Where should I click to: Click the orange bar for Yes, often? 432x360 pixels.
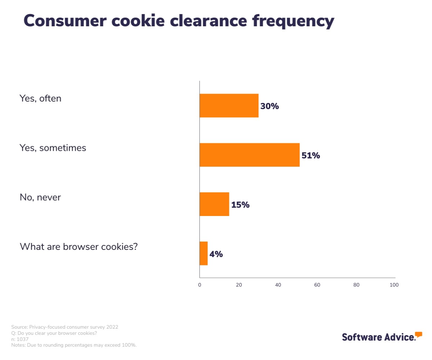tap(229, 105)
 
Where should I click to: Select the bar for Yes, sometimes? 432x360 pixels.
tap(249, 155)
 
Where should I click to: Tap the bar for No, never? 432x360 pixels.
tap(214, 204)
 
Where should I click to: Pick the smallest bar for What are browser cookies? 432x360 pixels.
tap(204, 253)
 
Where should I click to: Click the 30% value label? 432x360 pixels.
tap(270, 106)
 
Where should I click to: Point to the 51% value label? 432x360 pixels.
tap(311, 156)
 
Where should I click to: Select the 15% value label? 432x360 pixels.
tap(240, 205)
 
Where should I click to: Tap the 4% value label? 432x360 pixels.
tap(216, 254)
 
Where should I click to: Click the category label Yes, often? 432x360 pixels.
tap(40, 98)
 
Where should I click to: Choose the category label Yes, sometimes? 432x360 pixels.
tap(53, 148)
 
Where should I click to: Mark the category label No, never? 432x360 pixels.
tap(40, 197)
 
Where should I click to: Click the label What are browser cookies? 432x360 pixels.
tap(78, 247)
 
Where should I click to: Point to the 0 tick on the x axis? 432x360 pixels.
tap(199, 285)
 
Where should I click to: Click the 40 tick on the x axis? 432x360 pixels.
tap(278, 285)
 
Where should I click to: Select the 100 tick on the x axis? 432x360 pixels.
tap(394, 285)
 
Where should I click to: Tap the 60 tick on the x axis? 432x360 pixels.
tap(317, 285)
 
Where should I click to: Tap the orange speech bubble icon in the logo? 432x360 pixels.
tap(418, 334)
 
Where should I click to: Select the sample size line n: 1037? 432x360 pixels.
tap(20, 339)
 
